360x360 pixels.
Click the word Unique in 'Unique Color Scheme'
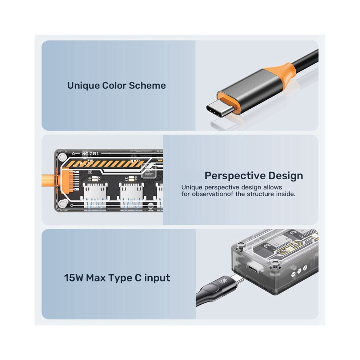(x=83, y=86)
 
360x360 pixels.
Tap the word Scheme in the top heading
(x=147, y=85)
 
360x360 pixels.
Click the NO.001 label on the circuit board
(x=91, y=153)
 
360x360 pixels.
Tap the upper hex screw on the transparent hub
(x=63, y=157)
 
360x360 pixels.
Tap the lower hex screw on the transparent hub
(x=63, y=203)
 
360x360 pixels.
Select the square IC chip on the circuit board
(x=149, y=171)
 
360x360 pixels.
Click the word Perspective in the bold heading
(x=234, y=176)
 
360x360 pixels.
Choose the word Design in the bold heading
(x=285, y=176)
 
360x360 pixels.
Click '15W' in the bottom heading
(x=73, y=278)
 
